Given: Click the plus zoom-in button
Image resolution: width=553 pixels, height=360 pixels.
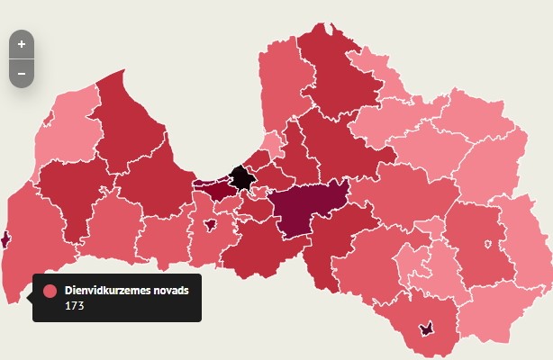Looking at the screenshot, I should (22, 44).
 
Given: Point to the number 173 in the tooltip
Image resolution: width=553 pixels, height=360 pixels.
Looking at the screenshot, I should (74, 306).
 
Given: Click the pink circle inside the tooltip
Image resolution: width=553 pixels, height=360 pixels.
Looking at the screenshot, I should (50, 292).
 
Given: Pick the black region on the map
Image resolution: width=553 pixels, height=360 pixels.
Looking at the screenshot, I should (240, 176).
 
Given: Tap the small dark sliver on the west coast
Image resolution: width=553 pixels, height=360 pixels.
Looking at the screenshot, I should (5, 238).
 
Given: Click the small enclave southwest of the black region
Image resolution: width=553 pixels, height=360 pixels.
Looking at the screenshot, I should (210, 225).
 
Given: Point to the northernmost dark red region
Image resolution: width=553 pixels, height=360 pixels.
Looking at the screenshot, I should (338, 72).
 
